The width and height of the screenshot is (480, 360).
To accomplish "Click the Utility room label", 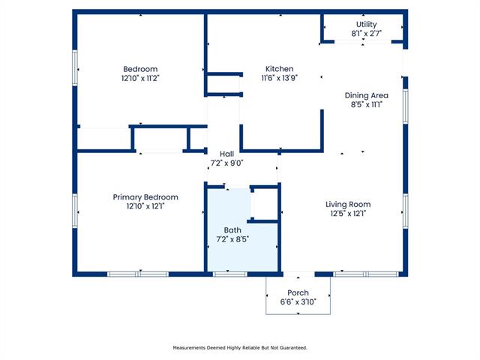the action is pos(366,24).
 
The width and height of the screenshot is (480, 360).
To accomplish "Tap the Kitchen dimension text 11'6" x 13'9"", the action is pos(280,78).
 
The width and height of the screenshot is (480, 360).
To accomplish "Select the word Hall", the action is pos(226,154).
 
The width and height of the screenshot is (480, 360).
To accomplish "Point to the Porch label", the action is pos(298,292).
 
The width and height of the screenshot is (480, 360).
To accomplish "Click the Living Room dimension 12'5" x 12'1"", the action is pos(348,213).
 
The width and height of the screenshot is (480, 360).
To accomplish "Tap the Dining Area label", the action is pos(367,95).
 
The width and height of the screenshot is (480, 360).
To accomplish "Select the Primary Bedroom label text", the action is pos(145,197).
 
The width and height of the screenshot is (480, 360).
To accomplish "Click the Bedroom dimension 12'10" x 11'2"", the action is pos(140,78).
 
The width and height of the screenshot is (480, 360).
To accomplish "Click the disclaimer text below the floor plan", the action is pos(240,348).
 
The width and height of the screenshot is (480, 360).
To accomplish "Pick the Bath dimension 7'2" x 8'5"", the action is pos(232,239).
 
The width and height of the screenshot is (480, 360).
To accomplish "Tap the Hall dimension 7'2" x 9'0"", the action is pos(226,163).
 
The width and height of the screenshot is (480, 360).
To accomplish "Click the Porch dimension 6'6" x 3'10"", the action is pos(298,301).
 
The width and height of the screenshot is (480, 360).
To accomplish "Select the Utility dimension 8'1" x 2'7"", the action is pos(366,33).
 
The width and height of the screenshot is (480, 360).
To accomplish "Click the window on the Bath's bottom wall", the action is pos(230,274).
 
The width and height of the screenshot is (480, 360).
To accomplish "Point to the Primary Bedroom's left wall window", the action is pos(75,211).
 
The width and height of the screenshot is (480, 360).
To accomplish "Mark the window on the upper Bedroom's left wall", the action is pos(75,67).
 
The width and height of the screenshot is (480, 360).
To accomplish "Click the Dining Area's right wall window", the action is pos(406,106).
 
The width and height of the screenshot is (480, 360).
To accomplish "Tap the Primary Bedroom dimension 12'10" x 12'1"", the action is pos(145,206).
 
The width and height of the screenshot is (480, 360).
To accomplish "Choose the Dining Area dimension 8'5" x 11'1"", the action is pos(367,104).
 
